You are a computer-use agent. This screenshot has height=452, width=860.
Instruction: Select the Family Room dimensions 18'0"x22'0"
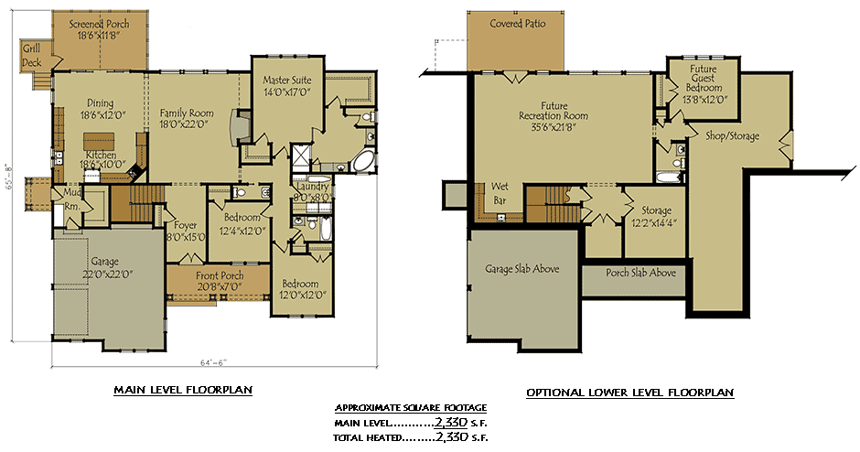187,125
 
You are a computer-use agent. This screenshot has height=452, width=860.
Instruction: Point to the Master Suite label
285,80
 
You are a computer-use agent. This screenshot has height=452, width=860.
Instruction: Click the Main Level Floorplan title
183,391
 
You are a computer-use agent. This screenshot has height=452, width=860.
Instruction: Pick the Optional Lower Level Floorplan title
629,393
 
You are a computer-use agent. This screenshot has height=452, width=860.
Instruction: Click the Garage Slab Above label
522,269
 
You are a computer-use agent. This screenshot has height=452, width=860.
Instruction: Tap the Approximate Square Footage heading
411,407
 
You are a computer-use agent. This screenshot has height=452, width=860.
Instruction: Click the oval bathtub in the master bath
363,163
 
